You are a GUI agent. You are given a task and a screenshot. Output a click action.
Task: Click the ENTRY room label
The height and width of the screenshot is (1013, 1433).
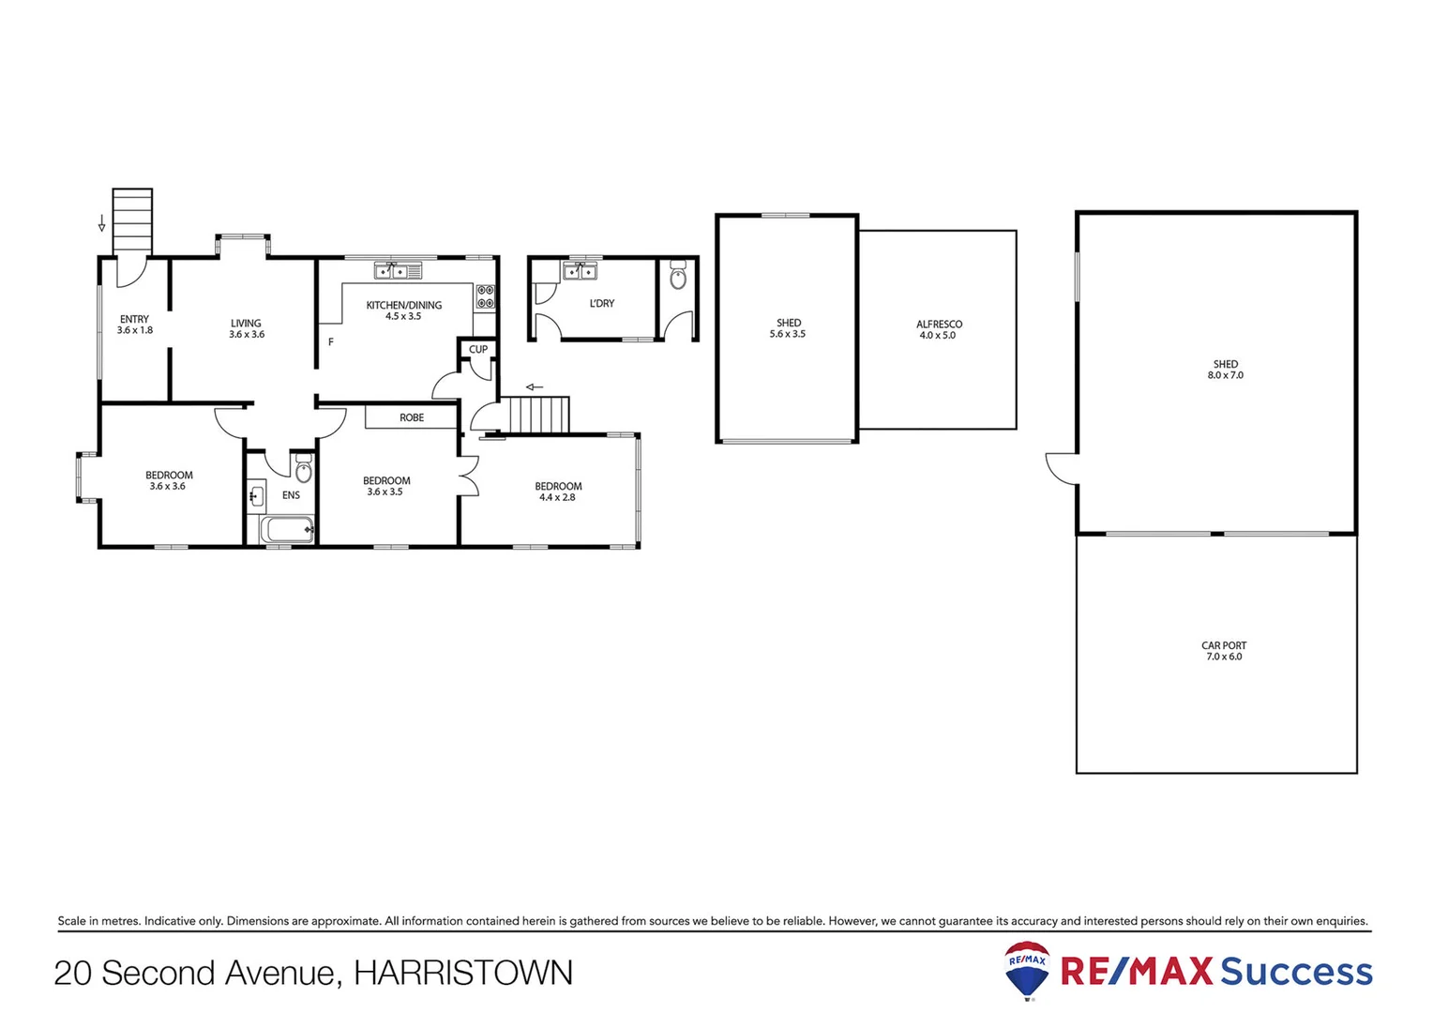tap(134, 319)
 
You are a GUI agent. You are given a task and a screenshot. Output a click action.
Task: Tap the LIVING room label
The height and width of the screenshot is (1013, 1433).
tap(246, 323)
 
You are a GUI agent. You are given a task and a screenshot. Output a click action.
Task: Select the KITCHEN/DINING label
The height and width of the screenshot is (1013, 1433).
tap(403, 305)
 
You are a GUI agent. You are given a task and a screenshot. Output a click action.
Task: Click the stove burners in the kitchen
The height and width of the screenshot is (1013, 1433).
tap(485, 296)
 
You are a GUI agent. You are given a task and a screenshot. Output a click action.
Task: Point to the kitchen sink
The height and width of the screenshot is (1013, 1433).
tap(398, 271)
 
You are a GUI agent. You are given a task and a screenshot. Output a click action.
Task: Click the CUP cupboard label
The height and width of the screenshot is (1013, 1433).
tap(478, 349)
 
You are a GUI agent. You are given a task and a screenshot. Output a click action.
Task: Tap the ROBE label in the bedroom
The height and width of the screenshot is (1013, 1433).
tap(412, 417)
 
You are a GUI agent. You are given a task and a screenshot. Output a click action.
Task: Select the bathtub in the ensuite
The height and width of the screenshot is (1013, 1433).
tap(287, 530)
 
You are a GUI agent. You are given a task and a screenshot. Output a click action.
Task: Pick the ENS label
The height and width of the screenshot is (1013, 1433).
tap(291, 495)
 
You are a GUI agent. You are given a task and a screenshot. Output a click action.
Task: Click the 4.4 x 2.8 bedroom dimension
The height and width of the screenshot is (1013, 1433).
tap(557, 497)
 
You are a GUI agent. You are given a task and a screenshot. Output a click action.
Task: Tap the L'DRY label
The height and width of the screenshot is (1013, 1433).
tap(602, 303)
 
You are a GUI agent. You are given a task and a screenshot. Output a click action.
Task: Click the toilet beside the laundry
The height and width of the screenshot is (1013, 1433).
tap(678, 277)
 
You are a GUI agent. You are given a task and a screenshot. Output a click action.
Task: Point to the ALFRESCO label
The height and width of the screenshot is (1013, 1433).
tap(939, 324)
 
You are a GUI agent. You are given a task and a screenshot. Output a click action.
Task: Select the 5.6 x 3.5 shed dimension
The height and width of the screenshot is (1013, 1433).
tap(788, 334)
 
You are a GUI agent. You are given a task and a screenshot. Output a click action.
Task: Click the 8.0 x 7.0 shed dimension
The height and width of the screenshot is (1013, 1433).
tap(1225, 375)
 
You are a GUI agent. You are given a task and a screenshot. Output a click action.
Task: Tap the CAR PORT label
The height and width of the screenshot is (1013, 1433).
tap(1224, 645)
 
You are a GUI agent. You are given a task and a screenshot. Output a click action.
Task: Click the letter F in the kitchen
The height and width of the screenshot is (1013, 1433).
tap(331, 342)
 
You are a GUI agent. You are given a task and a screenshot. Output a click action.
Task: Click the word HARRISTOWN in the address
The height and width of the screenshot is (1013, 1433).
tap(463, 973)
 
